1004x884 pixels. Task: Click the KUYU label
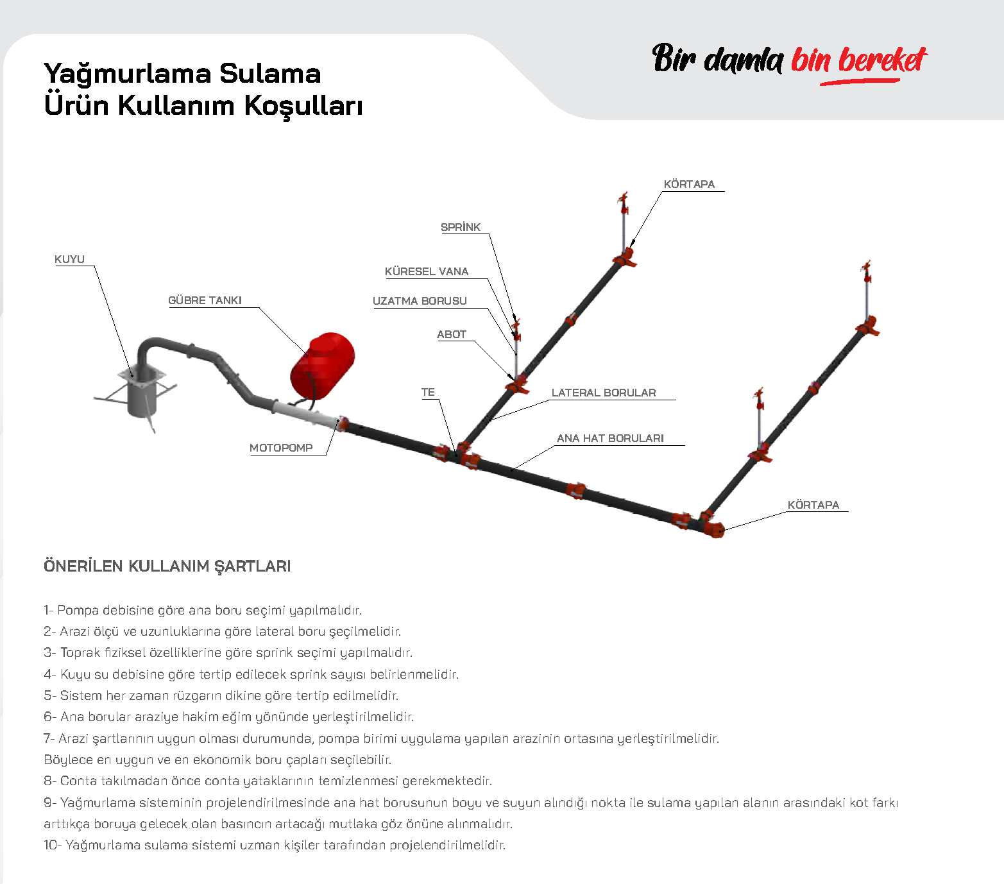point(69,259)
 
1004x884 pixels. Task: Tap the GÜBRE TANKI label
point(205,300)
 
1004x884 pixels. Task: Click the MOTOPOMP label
point(281,448)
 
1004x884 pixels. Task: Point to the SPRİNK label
point(461,227)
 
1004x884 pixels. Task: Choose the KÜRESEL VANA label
point(427,271)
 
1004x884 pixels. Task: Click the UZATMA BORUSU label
point(420,301)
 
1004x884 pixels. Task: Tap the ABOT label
point(452,334)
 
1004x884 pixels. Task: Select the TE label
point(428,392)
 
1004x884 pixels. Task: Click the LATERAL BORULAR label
point(604,393)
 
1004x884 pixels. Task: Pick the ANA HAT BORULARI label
point(610,438)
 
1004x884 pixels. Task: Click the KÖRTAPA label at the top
point(689,184)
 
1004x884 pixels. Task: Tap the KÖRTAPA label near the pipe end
point(813,505)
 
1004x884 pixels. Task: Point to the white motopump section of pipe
point(305,412)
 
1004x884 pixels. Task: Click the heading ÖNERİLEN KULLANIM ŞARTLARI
point(167,566)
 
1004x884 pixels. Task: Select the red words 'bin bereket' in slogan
point(858,60)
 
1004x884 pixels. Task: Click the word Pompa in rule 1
point(78,610)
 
